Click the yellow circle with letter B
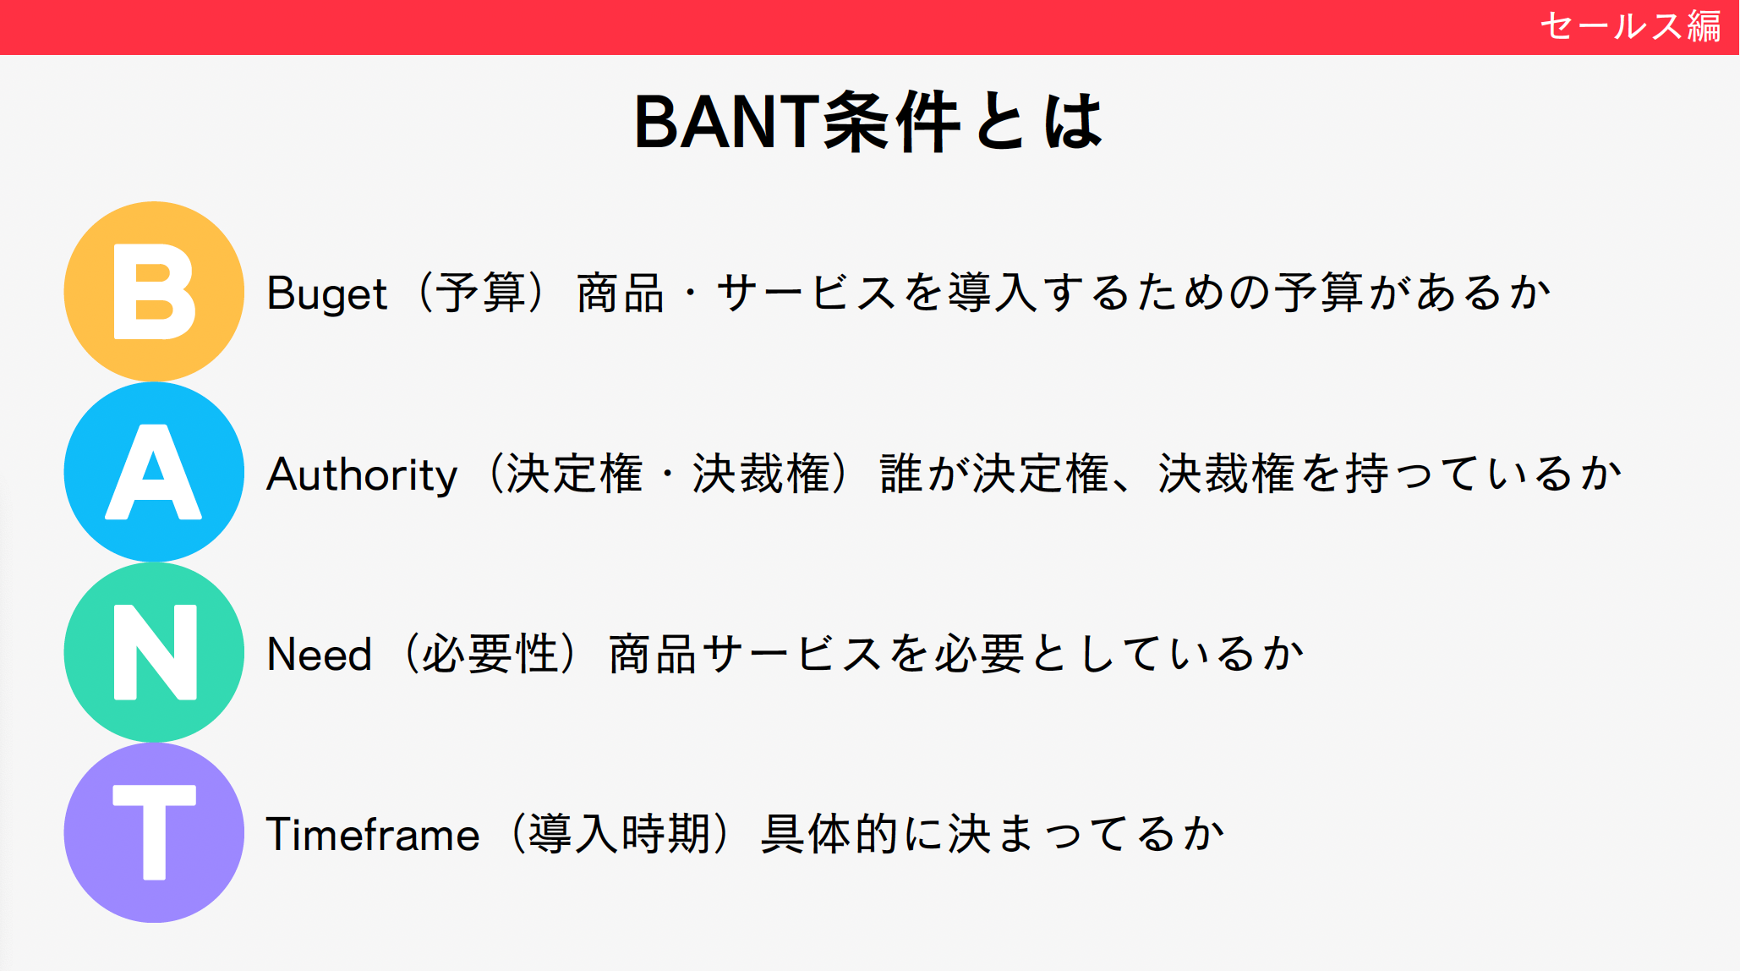click(x=154, y=291)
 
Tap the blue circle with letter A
click(x=154, y=472)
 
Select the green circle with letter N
click(x=154, y=652)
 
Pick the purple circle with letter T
click(x=154, y=833)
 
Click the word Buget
click(x=326, y=294)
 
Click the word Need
click(x=320, y=654)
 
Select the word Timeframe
click(x=373, y=835)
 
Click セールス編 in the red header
click(x=1631, y=26)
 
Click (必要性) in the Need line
click(x=490, y=654)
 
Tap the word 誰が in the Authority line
click(x=925, y=473)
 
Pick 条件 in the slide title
click(x=891, y=122)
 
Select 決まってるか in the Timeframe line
click(x=1086, y=834)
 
